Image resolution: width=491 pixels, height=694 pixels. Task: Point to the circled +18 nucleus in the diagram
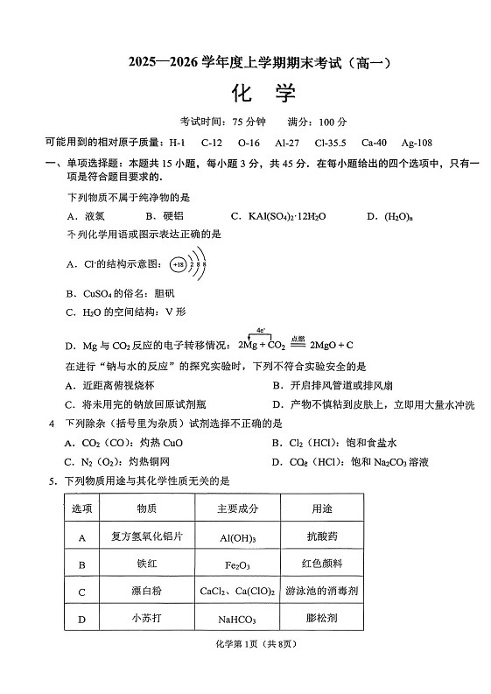coord(179,263)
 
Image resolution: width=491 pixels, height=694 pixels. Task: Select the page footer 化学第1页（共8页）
coord(244,669)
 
